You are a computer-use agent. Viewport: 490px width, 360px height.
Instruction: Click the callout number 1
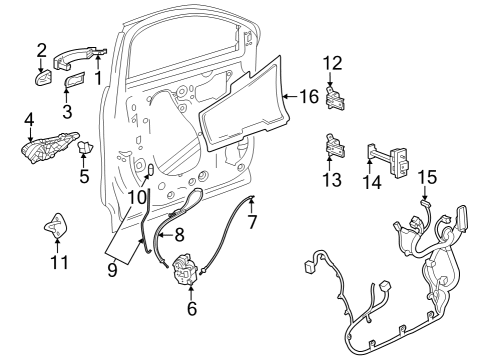[99, 78]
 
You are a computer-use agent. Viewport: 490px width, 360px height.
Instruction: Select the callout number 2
[42, 50]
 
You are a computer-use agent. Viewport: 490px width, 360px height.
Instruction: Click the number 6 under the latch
[192, 309]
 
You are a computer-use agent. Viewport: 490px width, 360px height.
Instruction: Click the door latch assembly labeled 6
[186, 271]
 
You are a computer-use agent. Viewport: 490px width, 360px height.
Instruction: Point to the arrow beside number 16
[290, 97]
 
